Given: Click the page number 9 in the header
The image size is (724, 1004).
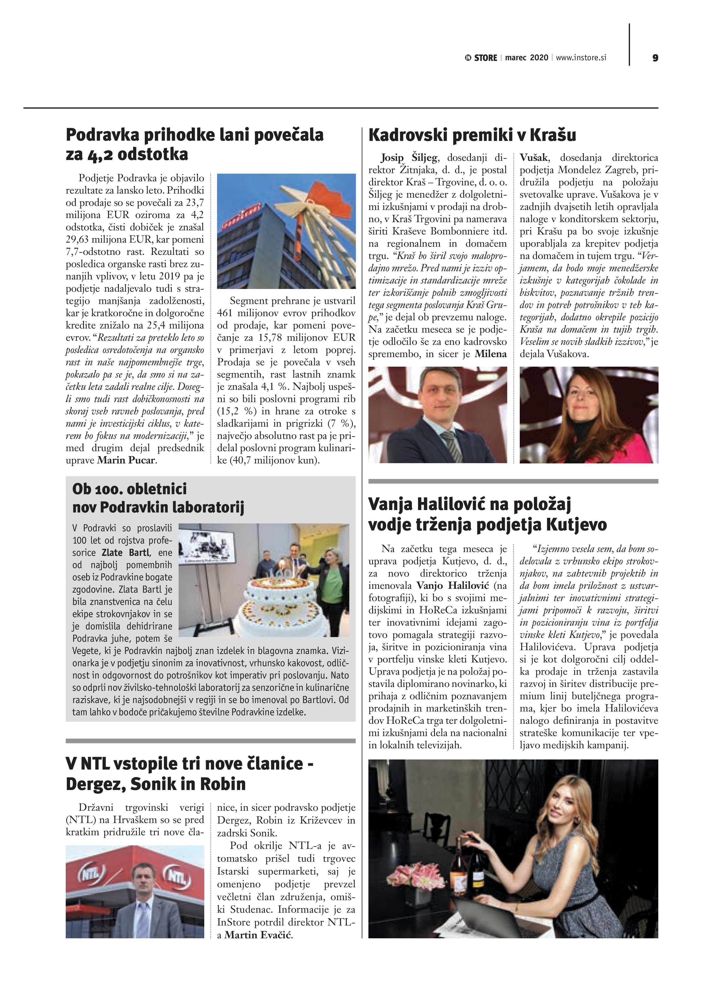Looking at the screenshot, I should pyautogui.click(x=655, y=58).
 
